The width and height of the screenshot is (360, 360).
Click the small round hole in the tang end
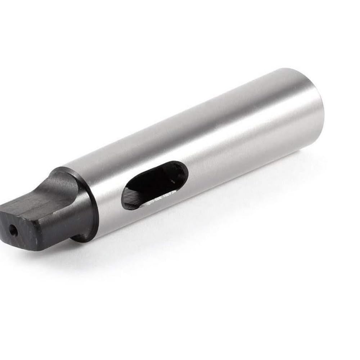click(13, 228)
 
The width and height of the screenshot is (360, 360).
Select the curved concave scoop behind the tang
click(65, 184)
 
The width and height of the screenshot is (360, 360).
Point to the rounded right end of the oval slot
click(184, 172)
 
